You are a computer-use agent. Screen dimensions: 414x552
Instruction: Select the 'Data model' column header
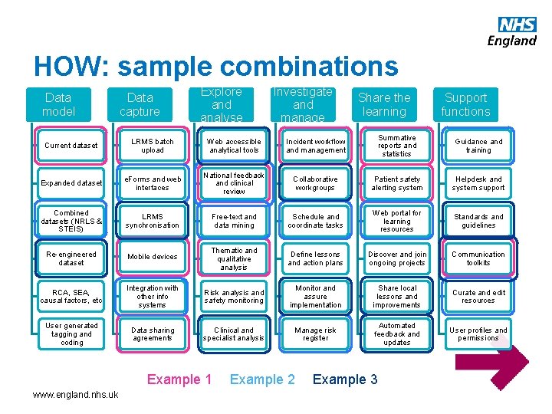(x=59, y=105)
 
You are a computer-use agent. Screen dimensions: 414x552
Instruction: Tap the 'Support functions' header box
(x=465, y=105)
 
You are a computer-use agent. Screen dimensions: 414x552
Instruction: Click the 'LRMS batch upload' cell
(x=153, y=146)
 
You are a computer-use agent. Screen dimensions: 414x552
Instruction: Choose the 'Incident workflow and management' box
(x=316, y=146)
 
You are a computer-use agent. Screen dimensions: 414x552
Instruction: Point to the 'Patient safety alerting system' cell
(x=397, y=183)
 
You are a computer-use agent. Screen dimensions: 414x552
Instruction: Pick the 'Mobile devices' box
(x=153, y=257)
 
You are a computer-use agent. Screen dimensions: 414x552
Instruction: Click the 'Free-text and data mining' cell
(x=234, y=221)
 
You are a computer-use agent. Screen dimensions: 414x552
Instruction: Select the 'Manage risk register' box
(x=316, y=334)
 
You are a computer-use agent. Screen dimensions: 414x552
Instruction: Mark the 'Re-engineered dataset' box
(x=71, y=258)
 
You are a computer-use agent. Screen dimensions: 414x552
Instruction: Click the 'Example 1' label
(x=179, y=379)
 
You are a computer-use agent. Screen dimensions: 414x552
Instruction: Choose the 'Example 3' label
(x=345, y=379)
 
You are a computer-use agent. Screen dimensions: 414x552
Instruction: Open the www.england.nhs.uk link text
(x=76, y=394)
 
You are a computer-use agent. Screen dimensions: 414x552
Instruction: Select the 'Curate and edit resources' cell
(x=478, y=297)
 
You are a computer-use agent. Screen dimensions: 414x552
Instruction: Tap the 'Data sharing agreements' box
(x=153, y=334)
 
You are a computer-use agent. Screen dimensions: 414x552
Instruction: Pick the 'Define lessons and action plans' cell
(x=316, y=258)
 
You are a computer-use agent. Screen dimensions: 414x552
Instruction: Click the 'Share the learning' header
(x=384, y=105)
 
